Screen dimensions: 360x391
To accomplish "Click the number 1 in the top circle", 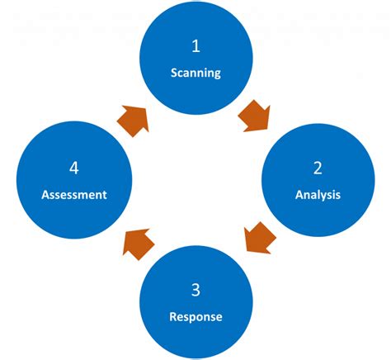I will pyautogui.click(x=195, y=45).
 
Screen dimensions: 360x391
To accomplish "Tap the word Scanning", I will pyautogui.click(x=195, y=73).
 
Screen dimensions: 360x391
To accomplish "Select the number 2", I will pyautogui.click(x=318, y=168).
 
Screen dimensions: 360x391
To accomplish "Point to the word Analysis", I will pyautogui.click(x=318, y=196).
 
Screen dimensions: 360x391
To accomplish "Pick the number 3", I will pyautogui.click(x=195, y=290).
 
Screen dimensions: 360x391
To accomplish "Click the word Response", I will pyautogui.click(x=195, y=316).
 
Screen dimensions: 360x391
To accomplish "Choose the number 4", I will pyautogui.click(x=74, y=168).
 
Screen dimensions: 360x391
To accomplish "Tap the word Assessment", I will pyautogui.click(x=74, y=196).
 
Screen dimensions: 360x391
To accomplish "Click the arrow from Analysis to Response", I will pyautogui.click(x=261, y=237).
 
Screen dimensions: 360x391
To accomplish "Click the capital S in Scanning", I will pyautogui.click(x=174, y=73).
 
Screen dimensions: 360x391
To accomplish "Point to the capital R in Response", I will pyautogui.click(x=172, y=316).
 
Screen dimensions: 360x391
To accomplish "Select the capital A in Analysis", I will pyautogui.click(x=299, y=196).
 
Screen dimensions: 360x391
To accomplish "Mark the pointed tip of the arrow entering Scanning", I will pyautogui.click(x=148, y=107).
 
